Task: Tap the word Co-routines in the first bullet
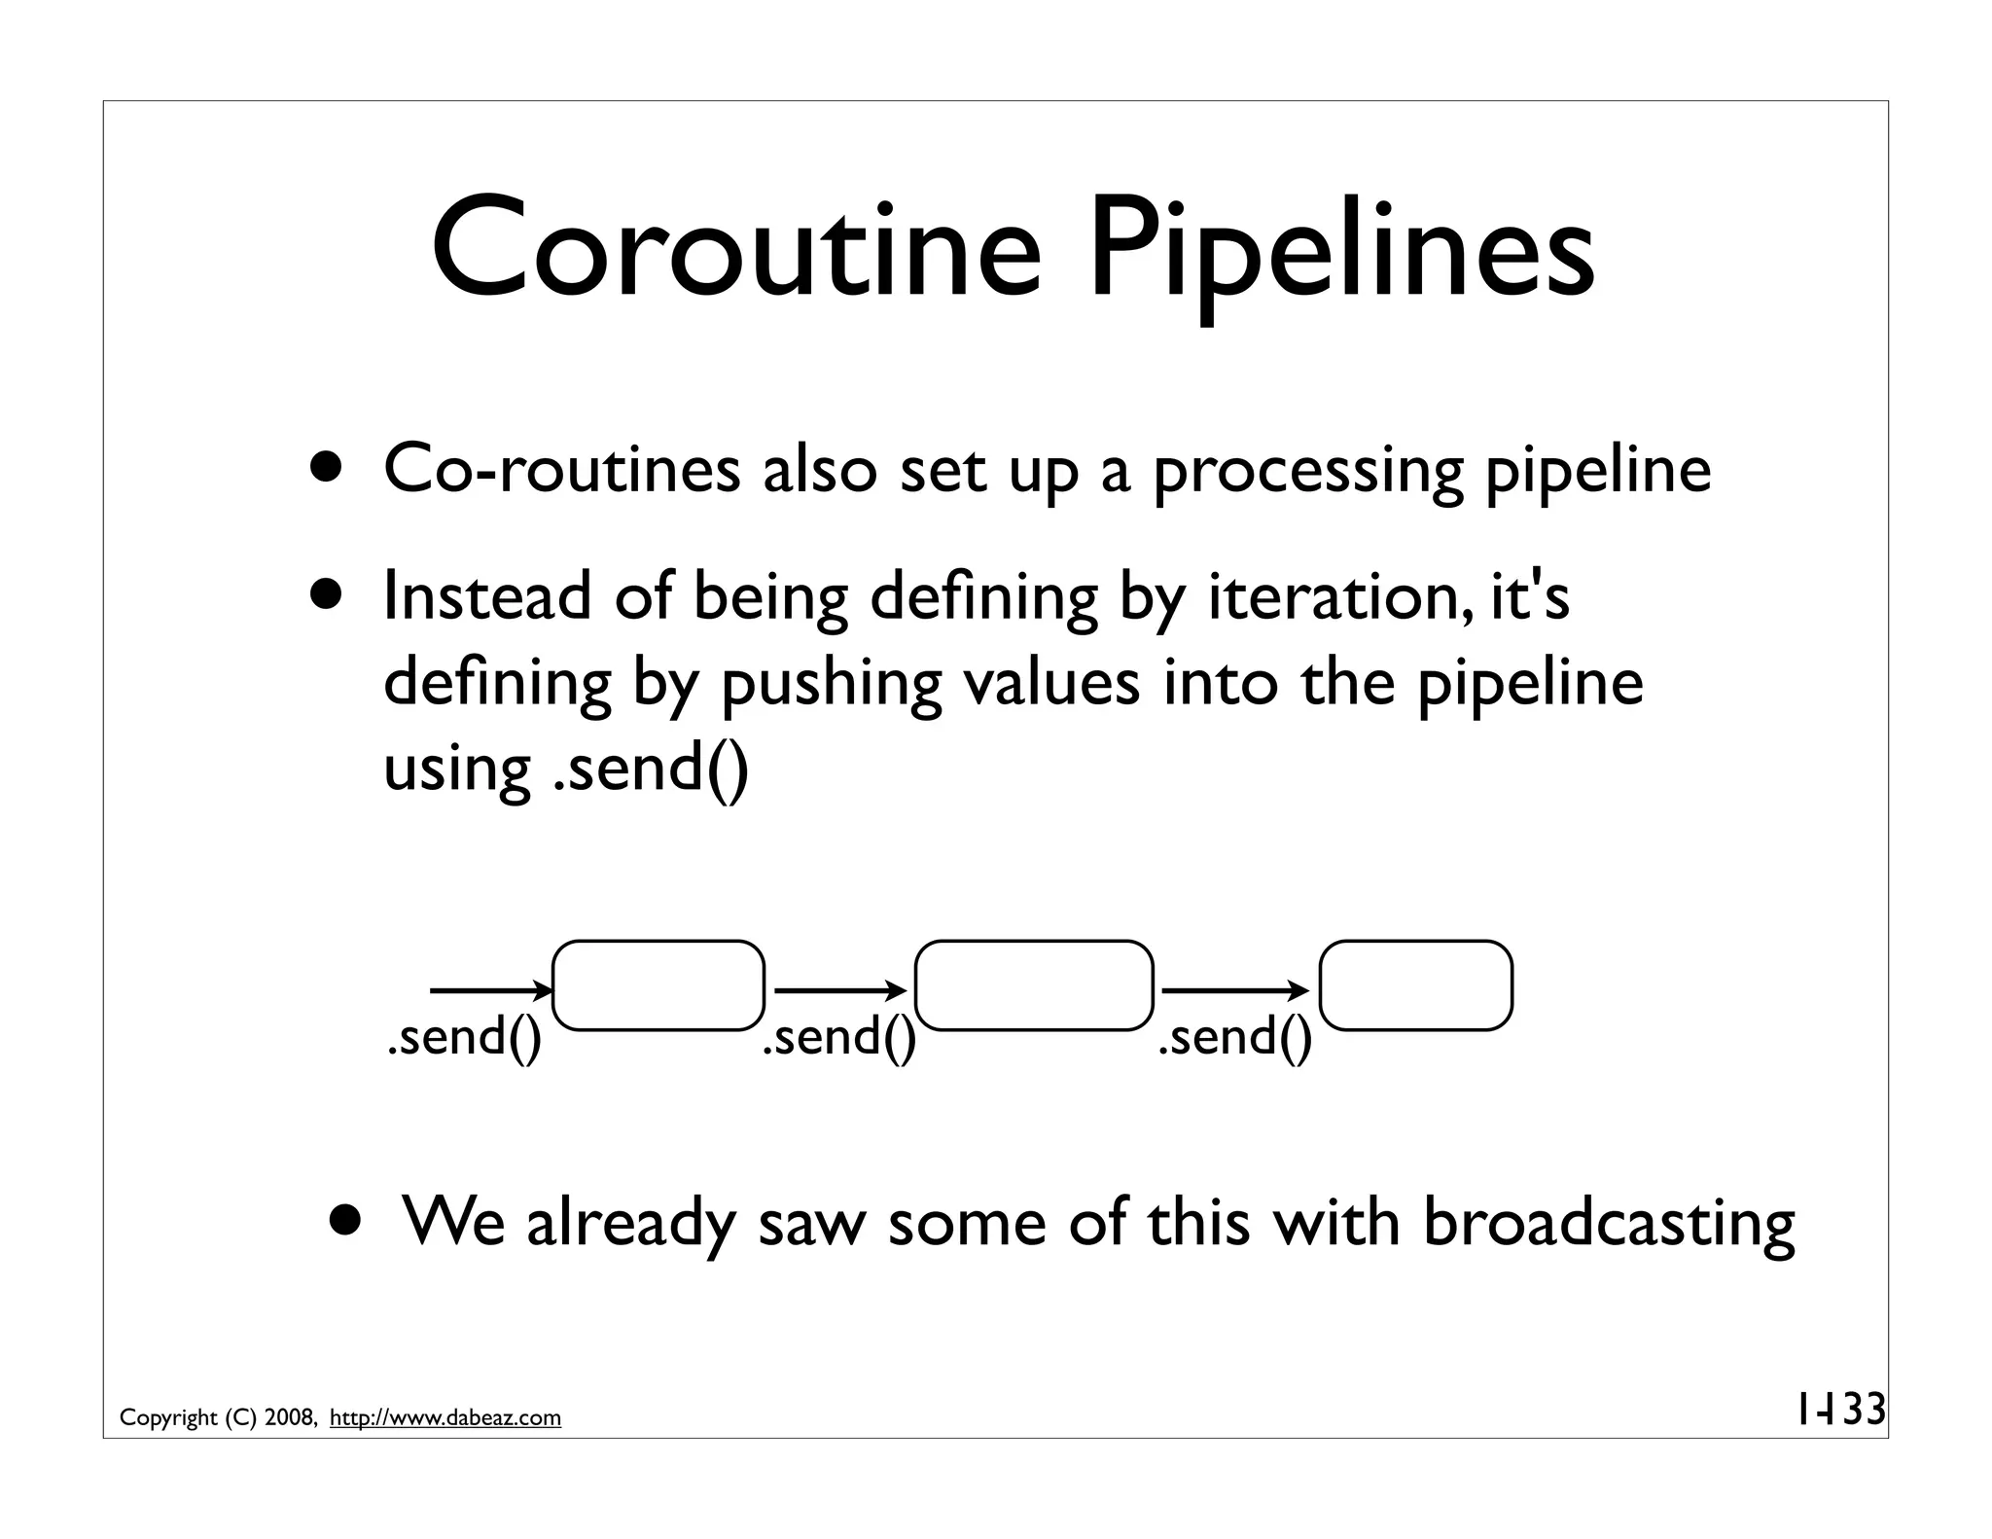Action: (561, 470)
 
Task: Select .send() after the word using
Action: (651, 768)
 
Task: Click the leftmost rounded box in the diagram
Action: (658, 985)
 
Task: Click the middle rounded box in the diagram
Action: (1034, 985)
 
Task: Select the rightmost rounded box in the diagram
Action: (1415, 985)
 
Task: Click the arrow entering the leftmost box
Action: (490, 991)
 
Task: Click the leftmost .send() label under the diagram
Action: (464, 1037)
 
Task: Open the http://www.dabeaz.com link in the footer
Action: (445, 1418)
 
